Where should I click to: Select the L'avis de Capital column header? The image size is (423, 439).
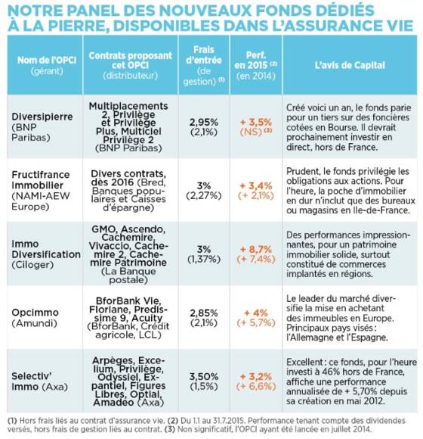(350, 65)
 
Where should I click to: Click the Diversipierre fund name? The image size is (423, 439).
(42, 117)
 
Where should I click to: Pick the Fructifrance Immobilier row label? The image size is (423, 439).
(41, 179)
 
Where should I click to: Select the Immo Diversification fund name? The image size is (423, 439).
(46, 249)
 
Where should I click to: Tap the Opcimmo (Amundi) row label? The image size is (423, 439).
(36, 317)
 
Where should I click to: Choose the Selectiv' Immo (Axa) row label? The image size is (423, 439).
(40, 381)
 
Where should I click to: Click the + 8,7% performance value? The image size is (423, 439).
(256, 249)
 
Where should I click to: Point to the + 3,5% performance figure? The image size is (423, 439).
(256, 122)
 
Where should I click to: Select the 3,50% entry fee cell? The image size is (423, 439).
(204, 376)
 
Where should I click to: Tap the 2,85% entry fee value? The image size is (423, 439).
(204, 313)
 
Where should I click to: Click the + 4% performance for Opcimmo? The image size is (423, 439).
(256, 313)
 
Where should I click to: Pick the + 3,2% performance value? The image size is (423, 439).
(256, 376)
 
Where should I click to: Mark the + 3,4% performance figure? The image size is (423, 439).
(256, 185)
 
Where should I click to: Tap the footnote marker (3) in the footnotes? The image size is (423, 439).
(170, 429)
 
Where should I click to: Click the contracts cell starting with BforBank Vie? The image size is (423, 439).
(128, 317)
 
